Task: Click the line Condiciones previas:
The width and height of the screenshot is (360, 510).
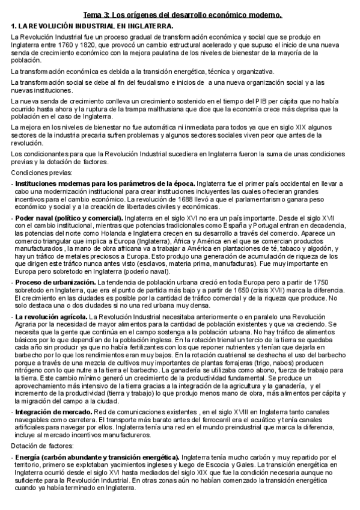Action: tap(37, 172)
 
